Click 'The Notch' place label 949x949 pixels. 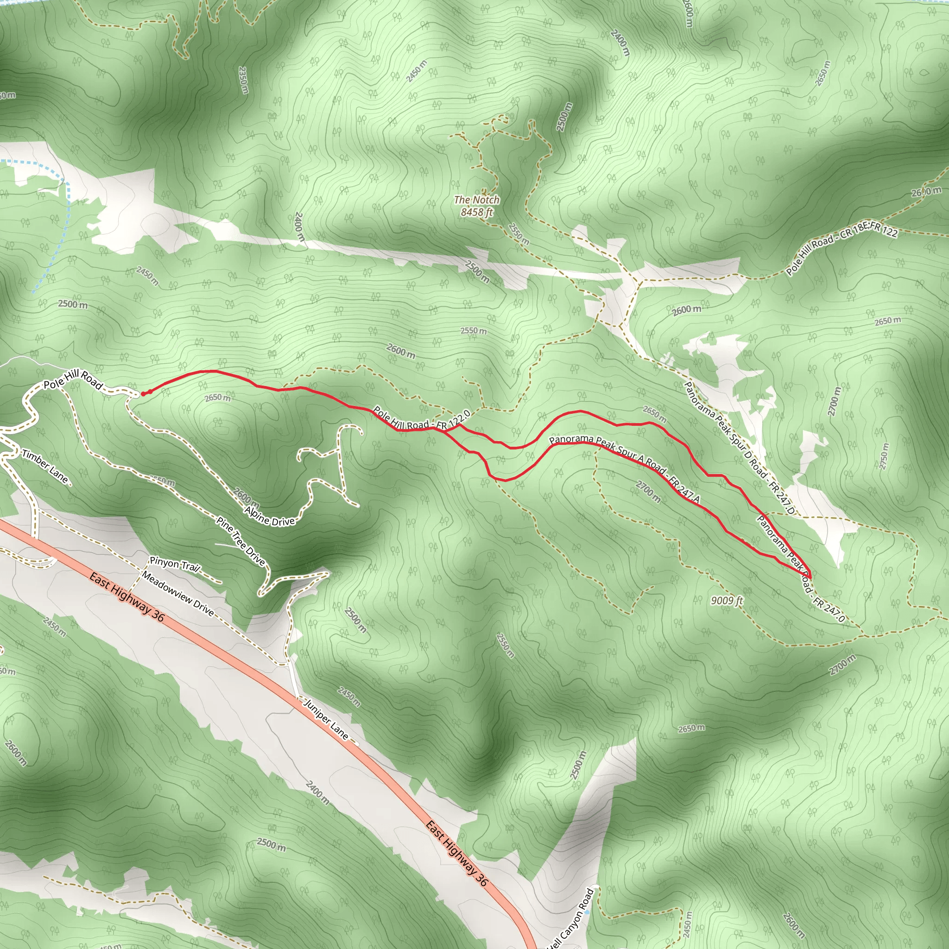point(476,200)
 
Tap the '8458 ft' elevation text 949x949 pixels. point(476,212)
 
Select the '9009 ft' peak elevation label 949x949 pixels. point(727,600)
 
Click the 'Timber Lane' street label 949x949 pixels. point(45,466)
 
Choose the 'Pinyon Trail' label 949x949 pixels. point(174,564)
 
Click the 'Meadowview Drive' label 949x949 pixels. point(178,594)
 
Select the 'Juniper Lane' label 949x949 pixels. point(326,720)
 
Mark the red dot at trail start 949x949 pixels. point(143,394)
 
